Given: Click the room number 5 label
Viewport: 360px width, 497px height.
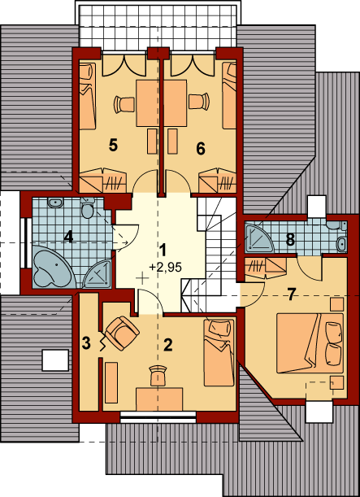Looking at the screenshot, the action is [x=113, y=146].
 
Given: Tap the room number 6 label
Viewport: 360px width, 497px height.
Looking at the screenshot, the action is [x=201, y=148].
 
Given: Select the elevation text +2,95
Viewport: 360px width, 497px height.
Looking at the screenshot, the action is [x=165, y=268].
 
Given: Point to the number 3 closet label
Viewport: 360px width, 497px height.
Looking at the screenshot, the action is [x=86, y=343].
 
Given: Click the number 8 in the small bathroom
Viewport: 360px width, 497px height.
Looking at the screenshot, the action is [x=290, y=240].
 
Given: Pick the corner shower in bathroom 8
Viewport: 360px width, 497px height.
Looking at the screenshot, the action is [x=258, y=238].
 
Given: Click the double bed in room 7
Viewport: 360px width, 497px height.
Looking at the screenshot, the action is [x=310, y=343].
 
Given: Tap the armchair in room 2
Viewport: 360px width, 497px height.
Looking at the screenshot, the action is [x=122, y=334].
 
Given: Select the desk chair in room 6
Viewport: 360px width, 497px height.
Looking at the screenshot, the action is [x=199, y=101].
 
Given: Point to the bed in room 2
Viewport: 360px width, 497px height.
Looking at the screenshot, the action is [x=219, y=352].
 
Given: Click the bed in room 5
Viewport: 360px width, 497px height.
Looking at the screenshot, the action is [x=87, y=96].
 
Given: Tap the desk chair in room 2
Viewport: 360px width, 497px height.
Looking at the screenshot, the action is [x=158, y=375].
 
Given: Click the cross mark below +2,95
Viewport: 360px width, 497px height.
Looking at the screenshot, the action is [x=142, y=279].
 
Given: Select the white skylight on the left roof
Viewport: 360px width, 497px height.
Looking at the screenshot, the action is [x=55, y=360].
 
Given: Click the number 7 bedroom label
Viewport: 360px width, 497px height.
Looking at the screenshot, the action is [x=291, y=294].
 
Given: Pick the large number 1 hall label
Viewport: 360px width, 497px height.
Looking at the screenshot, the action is [x=163, y=250].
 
